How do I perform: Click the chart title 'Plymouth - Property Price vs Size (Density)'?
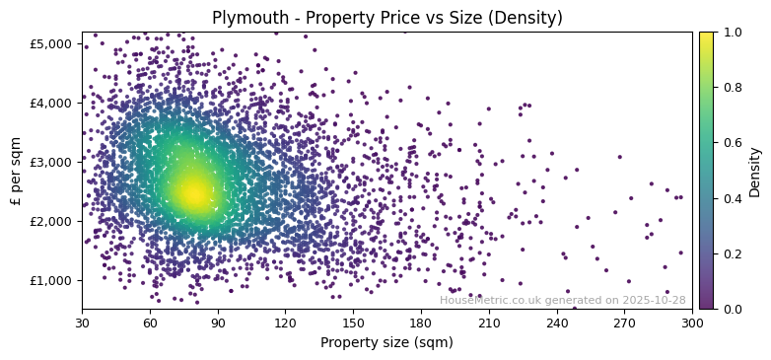[x=386, y=18]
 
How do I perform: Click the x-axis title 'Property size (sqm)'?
[x=386, y=343]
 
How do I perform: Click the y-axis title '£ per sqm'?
[x=16, y=171]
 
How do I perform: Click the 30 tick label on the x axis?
[x=82, y=322]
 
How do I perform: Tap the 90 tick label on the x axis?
[x=218, y=322]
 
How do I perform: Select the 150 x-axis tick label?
[x=353, y=322]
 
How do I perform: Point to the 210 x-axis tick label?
[x=489, y=322]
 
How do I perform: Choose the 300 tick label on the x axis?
[x=692, y=322]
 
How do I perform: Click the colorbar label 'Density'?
[x=755, y=171]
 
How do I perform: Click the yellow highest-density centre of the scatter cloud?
[x=193, y=192]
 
